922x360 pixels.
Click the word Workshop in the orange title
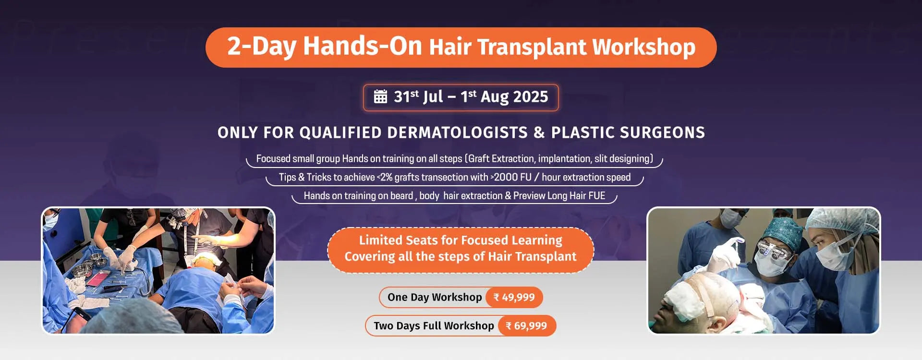[x=643, y=47]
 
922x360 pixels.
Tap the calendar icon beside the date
[x=380, y=96]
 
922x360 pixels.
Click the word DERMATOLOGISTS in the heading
[x=457, y=132]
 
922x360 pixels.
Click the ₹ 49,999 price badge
[x=514, y=297]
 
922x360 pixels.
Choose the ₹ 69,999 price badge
[x=527, y=326]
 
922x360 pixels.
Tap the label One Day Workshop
[x=435, y=297]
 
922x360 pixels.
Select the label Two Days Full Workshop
[x=434, y=326]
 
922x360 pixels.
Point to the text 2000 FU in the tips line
[x=513, y=177]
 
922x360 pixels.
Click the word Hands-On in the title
[x=363, y=46]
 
